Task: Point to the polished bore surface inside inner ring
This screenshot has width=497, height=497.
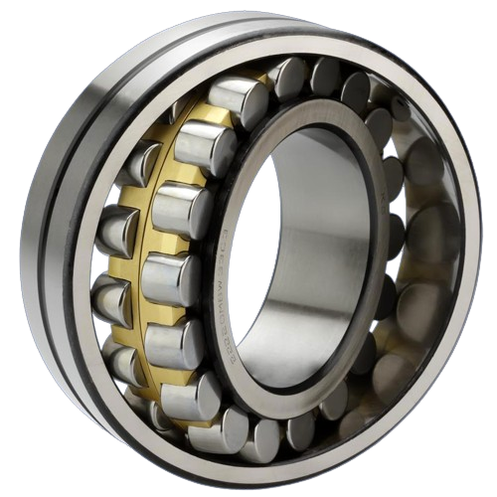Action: (x=318, y=248)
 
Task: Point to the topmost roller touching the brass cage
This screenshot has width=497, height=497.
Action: (x=239, y=99)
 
